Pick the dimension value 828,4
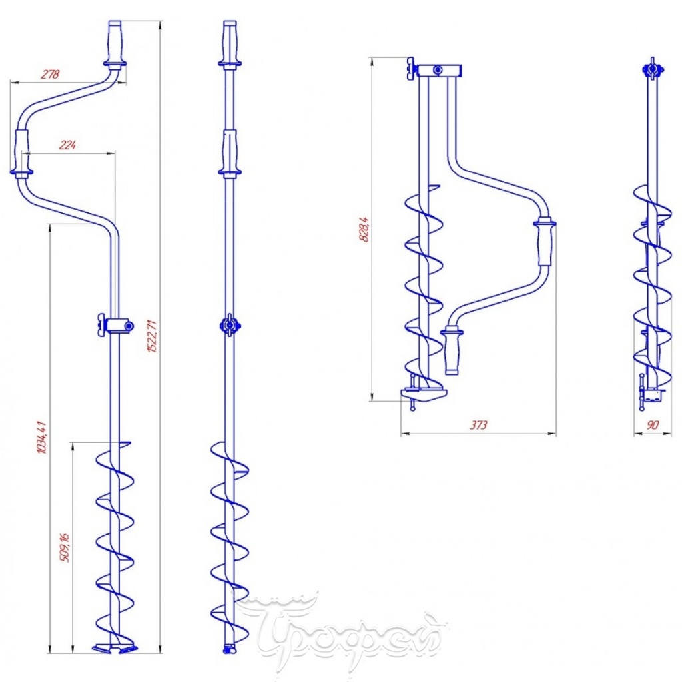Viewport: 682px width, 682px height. point(364,229)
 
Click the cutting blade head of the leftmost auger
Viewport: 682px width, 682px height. point(114,648)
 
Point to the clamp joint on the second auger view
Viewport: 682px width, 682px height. point(229,325)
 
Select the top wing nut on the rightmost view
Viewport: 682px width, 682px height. point(652,69)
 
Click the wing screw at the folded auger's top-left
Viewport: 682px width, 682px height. point(411,69)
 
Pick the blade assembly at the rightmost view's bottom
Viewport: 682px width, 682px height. point(649,393)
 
